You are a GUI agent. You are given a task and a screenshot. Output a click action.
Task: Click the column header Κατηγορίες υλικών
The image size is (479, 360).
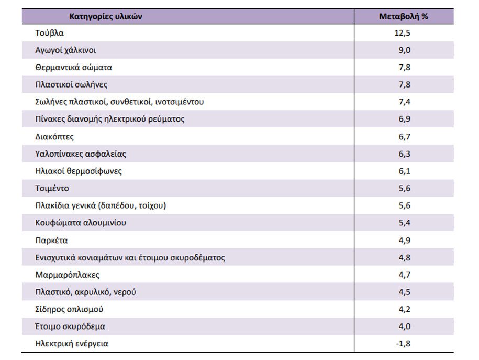click(106, 17)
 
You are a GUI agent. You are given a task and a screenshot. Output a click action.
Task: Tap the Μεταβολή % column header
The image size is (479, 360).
click(404, 17)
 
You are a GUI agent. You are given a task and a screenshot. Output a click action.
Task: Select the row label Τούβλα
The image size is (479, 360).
click(50, 32)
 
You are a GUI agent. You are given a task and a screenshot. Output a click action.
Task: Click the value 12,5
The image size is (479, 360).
click(403, 32)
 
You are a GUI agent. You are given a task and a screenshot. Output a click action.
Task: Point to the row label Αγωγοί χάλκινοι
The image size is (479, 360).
click(65, 50)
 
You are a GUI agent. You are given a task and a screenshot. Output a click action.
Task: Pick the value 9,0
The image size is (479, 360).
click(404, 50)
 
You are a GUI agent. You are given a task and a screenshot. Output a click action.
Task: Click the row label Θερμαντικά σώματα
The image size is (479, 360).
click(74, 67)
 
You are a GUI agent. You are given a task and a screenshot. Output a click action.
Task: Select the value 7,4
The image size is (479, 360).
click(405, 102)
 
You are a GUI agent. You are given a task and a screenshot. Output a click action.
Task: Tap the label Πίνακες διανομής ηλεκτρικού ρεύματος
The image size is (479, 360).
click(110, 119)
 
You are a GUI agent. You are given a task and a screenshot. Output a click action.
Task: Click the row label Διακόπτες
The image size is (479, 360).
click(54, 136)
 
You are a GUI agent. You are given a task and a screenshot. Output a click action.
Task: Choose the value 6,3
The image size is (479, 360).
click(405, 154)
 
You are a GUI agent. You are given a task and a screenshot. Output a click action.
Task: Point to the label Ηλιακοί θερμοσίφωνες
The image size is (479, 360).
click(79, 171)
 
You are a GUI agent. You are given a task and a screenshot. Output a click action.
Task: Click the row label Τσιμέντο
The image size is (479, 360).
click(52, 188)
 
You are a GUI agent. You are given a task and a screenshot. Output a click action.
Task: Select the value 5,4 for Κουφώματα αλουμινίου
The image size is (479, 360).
click(405, 223)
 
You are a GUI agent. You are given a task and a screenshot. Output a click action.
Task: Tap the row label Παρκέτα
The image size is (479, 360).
click(51, 241)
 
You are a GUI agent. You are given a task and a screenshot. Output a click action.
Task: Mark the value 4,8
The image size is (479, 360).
click(405, 257)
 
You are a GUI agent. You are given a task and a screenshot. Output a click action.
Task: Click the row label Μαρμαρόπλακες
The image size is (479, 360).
click(67, 275)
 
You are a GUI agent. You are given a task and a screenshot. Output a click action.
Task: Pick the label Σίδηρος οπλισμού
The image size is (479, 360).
click(69, 309)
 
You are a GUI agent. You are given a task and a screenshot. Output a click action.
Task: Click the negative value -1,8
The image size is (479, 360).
click(403, 343)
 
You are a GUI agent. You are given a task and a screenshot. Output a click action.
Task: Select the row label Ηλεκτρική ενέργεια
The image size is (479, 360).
click(72, 343)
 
